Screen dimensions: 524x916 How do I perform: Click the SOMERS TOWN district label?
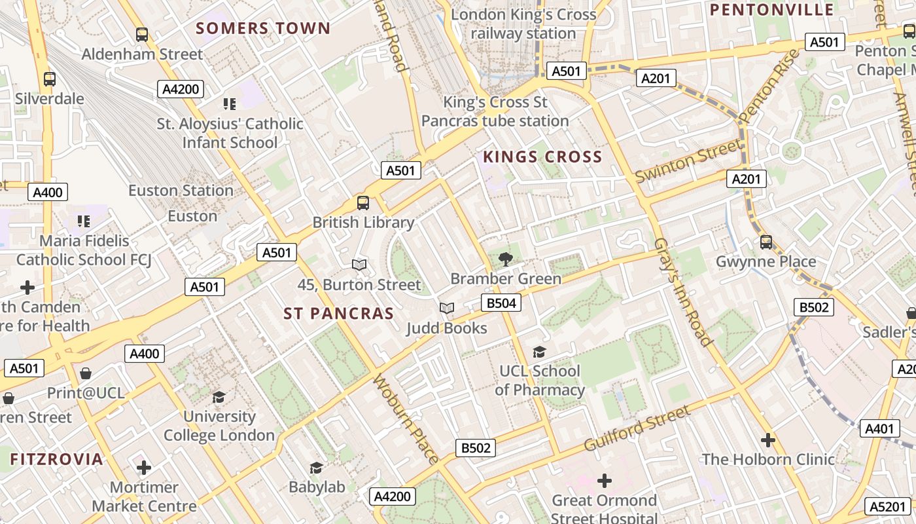(263, 28)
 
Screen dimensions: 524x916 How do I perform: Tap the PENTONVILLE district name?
(771, 10)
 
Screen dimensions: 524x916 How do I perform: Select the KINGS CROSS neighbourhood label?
(542, 157)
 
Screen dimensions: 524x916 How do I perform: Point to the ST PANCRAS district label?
(338, 314)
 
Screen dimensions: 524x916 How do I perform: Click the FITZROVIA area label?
(56, 459)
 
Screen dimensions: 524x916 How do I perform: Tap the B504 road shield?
(501, 303)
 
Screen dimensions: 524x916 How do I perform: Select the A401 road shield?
(879, 428)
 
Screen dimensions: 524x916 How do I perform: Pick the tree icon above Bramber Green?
(505, 259)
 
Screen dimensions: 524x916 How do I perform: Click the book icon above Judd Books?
(447, 309)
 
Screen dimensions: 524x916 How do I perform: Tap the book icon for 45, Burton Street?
(359, 265)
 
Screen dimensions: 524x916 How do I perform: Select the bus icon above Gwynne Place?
(766, 242)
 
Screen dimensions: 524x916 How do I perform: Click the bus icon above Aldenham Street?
(142, 34)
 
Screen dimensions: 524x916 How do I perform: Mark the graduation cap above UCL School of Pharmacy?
(539, 352)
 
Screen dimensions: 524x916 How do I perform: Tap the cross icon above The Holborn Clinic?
(768, 440)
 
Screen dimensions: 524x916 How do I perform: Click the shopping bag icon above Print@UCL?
(86, 373)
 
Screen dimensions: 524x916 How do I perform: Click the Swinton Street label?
(688, 160)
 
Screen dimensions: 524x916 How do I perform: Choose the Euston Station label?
(181, 191)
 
